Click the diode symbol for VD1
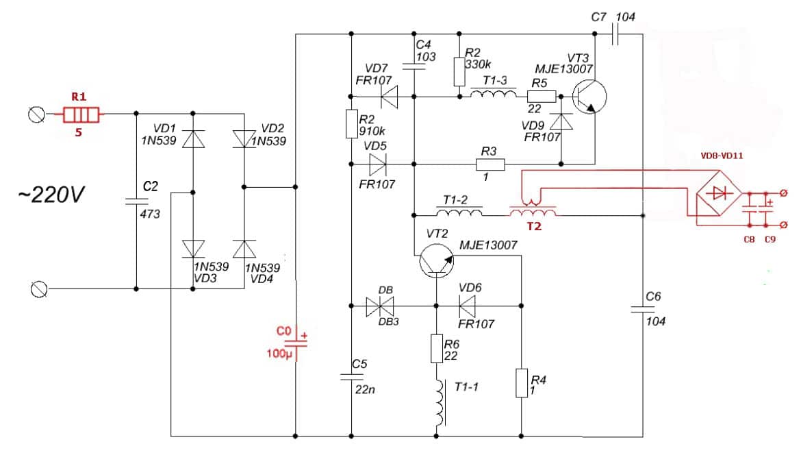click(193, 140)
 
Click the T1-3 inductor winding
click(492, 96)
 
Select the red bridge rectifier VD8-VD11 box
click(717, 193)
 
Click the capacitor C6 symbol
click(644, 310)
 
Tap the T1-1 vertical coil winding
click(439, 403)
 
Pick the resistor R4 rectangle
click(521, 383)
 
